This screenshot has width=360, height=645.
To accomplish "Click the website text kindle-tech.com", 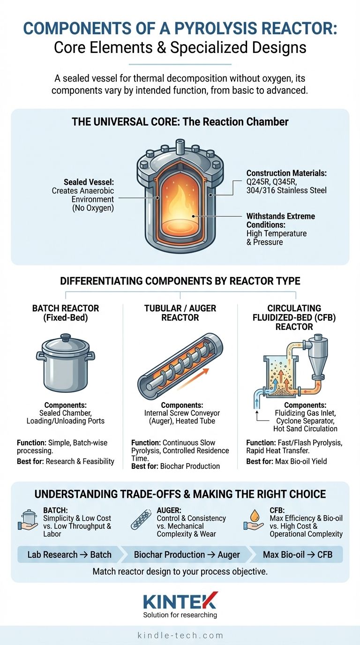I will point(180,636).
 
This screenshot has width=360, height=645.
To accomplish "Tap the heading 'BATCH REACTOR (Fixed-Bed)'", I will point(65,313).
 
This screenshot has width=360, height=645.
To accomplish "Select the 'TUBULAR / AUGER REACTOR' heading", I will point(180,313).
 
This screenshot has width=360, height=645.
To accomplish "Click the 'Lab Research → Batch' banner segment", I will point(69,555).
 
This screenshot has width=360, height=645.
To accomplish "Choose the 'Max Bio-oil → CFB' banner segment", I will point(297,555).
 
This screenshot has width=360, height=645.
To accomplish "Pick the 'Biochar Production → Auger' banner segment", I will point(187,555).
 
